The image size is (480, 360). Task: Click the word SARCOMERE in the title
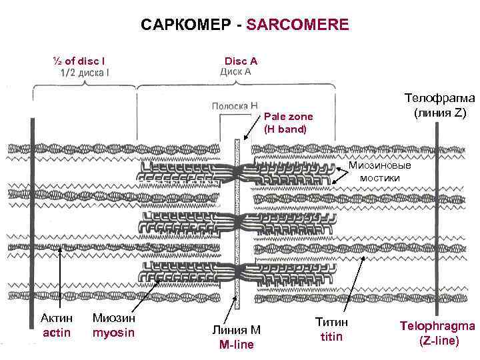297,25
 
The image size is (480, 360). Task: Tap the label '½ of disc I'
78,61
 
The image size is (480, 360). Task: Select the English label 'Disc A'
241,61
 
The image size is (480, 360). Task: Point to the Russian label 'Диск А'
235,71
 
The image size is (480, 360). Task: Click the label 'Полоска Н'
235,105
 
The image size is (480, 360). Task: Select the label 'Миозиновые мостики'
380,171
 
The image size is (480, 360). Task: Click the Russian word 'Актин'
57,319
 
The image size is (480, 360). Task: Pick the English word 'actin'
57,333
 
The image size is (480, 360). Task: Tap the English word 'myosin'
113,333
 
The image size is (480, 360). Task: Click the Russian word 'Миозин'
113,319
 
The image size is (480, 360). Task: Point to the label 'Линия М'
236,330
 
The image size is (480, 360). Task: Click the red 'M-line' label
236,344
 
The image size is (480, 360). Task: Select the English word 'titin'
331,336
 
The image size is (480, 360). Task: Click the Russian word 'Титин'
331,323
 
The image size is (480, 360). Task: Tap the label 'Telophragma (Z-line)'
438,333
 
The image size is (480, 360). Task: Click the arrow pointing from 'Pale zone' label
253,127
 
